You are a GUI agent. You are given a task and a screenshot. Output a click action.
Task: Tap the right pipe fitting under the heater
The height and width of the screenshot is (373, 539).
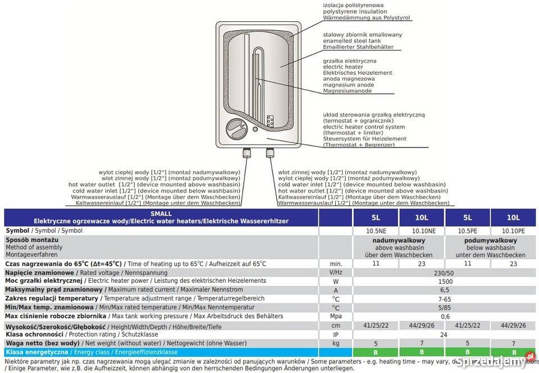269,153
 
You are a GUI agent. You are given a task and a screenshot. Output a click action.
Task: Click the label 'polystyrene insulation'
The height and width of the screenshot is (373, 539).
355,11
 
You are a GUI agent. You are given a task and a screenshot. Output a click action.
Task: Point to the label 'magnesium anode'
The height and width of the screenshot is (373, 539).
349,85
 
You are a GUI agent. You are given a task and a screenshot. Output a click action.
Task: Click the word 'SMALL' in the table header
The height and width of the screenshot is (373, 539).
162,214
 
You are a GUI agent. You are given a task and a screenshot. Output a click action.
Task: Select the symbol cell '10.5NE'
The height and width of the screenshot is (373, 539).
376,231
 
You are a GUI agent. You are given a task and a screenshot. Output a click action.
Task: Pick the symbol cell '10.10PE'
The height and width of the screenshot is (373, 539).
513,231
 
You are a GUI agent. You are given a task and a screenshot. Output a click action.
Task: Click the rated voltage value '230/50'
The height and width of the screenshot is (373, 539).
444,272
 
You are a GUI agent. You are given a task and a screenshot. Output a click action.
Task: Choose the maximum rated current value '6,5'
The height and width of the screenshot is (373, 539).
444,290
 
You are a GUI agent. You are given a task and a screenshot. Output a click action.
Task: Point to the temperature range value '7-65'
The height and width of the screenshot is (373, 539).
444,299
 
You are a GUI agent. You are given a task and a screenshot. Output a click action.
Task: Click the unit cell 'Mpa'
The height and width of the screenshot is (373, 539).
336,316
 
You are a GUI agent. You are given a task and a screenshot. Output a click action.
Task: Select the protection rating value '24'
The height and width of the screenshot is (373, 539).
444,334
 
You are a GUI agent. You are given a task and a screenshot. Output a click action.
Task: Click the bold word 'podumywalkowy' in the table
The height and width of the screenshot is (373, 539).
490,240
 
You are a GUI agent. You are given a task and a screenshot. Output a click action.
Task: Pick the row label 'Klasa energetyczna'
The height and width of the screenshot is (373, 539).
36,352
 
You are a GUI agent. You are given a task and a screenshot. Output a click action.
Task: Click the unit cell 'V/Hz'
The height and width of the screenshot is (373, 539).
336,272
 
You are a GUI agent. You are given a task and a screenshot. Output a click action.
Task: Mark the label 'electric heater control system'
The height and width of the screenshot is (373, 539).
364,126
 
